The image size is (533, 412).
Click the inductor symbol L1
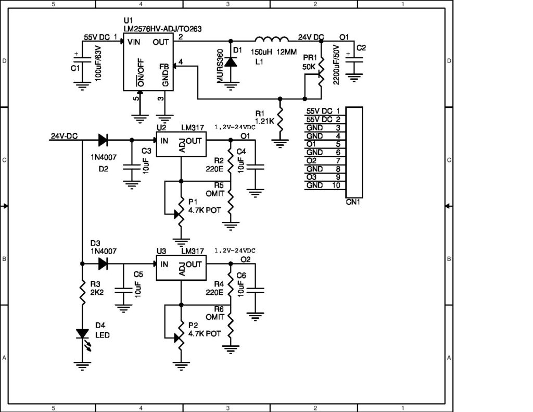pos(271,41)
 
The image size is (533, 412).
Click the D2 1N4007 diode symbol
pos(102,140)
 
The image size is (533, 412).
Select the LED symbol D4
pos(82,334)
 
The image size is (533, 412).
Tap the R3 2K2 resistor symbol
pos(82,293)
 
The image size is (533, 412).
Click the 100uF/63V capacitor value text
pos(99,63)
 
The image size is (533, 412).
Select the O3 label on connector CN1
pos(311,177)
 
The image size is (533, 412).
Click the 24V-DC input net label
pos(65,136)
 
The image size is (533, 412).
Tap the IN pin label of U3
pos(164,264)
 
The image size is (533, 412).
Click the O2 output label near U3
pos(245,259)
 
